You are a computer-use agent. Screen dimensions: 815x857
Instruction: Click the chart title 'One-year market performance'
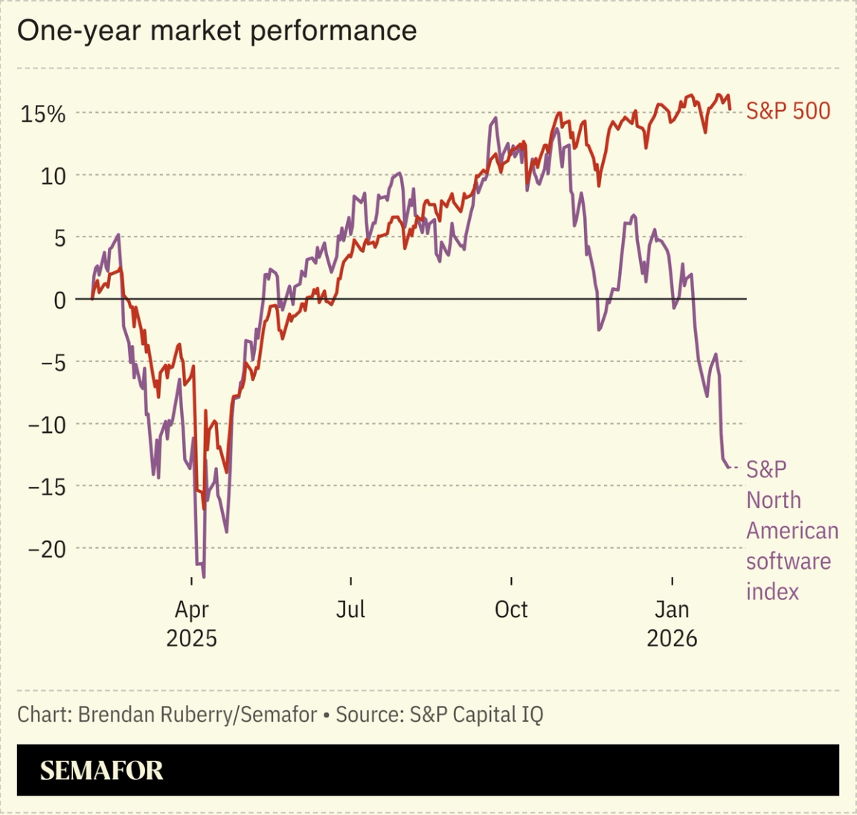click(x=216, y=31)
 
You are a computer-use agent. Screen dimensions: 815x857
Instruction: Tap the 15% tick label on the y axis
click(x=43, y=114)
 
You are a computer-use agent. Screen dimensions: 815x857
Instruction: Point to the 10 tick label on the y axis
click(x=53, y=176)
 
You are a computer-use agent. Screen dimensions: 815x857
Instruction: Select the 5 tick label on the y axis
click(x=59, y=238)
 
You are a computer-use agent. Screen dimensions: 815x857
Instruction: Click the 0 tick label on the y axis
click(x=60, y=300)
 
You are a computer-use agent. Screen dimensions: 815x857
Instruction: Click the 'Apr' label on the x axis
click(x=191, y=610)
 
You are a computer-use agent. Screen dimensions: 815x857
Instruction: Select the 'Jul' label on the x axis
click(x=350, y=610)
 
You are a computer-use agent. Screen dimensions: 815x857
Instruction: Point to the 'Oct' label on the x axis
click(x=511, y=610)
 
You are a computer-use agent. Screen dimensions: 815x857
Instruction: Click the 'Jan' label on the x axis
click(x=672, y=610)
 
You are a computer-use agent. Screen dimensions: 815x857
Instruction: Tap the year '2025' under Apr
click(x=191, y=638)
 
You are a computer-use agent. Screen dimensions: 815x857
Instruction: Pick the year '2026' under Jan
click(x=672, y=638)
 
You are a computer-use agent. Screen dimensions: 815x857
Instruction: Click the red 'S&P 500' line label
click(x=788, y=112)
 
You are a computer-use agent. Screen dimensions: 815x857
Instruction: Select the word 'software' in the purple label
click(x=788, y=561)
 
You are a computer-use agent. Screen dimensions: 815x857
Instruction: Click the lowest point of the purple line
click(x=204, y=577)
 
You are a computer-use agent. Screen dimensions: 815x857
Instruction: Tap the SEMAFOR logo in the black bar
click(x=101, y=770)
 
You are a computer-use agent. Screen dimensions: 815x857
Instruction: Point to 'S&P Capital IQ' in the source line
click(x=476, y=715)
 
